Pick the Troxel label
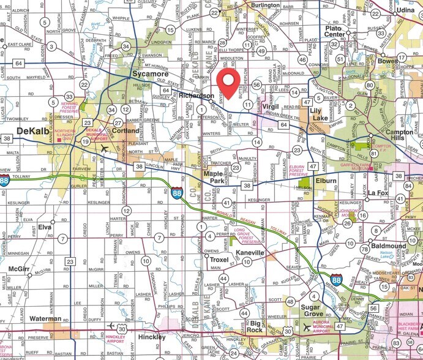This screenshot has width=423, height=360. [219, 260]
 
